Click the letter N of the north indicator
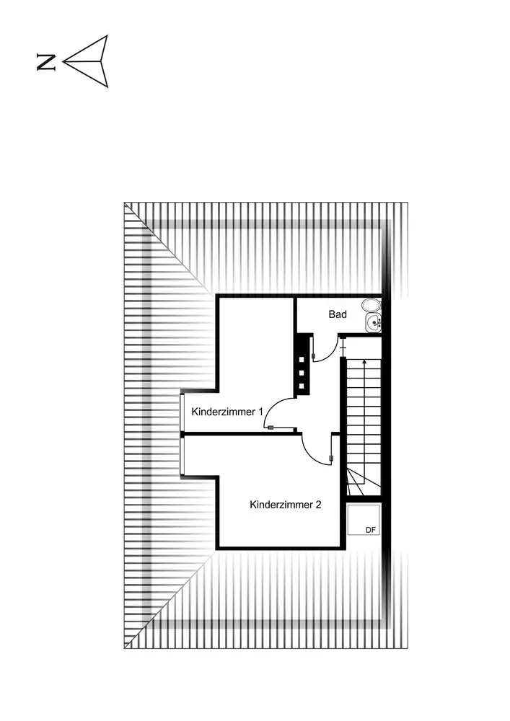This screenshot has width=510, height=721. (46, 63)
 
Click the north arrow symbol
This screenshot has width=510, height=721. (88, 61)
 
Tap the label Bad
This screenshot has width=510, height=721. (338, 314)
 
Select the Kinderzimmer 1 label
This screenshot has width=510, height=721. (227, 412)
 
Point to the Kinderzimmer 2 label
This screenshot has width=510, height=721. (286, 505)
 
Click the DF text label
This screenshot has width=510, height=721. (371, 530)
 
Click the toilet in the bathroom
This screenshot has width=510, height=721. (372, 306)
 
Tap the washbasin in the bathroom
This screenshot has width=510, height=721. (373, 323)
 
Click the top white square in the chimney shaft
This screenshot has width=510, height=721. (303, 358)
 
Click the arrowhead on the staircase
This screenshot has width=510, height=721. (365, 363)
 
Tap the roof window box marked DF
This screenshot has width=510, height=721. (363, 520)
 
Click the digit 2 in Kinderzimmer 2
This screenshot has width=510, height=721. (318, 505)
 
